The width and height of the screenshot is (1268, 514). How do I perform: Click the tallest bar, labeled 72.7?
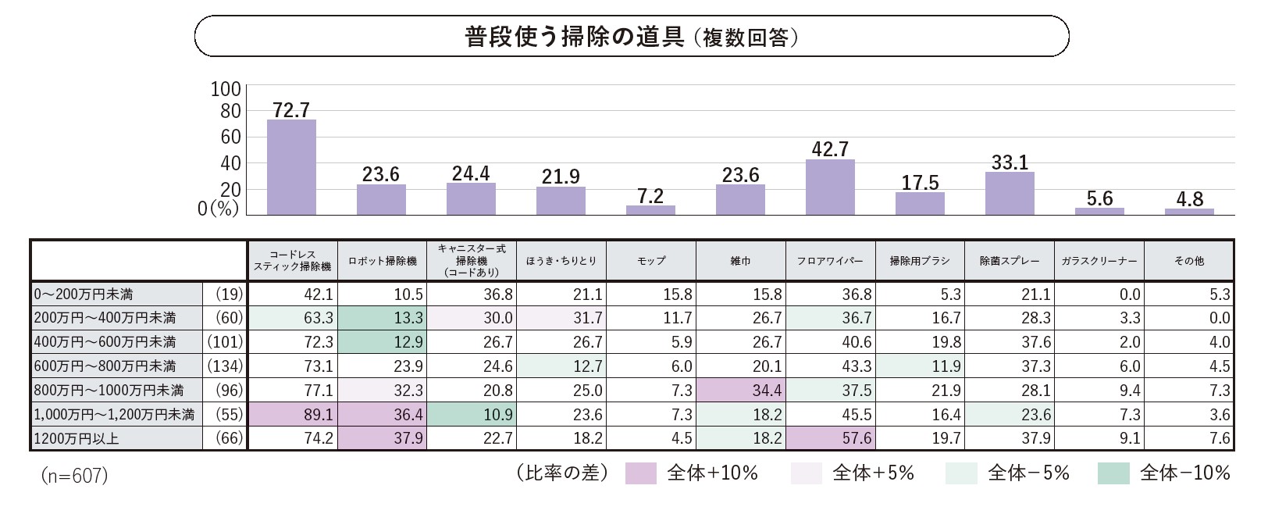(x=291, y=167)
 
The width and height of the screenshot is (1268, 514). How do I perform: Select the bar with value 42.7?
(x=830, y=187)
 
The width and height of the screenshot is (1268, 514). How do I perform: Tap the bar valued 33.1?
(x=1010, y=194)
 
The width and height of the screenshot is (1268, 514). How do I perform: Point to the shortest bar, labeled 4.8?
(x=1189, y=212)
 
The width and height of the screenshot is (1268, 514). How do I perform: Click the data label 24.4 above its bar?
(x=471, y=173)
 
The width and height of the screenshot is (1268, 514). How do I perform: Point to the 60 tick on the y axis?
(x=231, y=137)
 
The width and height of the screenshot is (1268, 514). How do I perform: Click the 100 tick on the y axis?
(x=226, y=89)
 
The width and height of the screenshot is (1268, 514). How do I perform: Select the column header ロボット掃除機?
(x=383, y=261)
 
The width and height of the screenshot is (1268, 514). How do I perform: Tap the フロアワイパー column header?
(x=830, y=261)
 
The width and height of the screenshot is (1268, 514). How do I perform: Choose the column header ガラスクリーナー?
(x=1099, y=261)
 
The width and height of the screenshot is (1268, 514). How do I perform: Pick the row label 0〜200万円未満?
(x=84, y=294)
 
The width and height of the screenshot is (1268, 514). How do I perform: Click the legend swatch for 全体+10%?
(x=641, y=473)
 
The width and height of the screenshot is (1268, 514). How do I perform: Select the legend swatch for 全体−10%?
(x=1113, y=473)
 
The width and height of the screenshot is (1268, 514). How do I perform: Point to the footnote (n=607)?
(x=74, y=476)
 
